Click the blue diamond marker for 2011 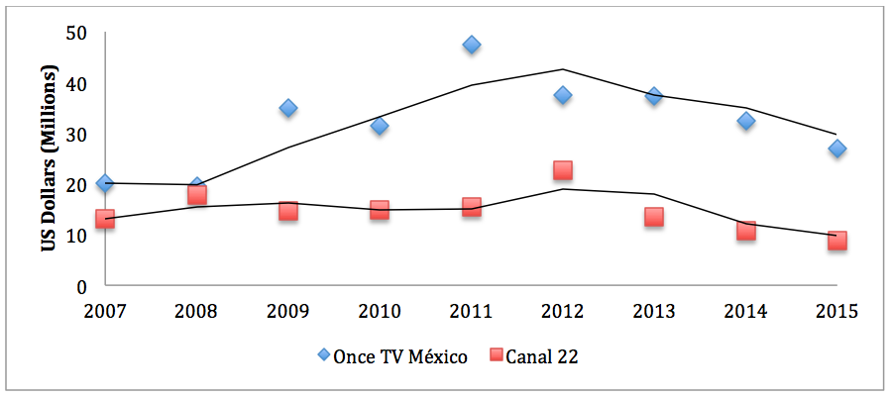(471, 45)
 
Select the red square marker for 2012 (563, 170)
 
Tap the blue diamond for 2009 (288, 108)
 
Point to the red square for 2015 (836, 241)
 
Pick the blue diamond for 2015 (836, 149)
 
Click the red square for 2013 (654, 216)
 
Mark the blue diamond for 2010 (380, 126)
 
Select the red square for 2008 (196, 194)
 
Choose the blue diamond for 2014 (745, 121)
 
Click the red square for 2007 (105, 219)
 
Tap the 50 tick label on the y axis (77, 34)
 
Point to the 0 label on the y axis (82, 287)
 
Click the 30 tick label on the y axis (77, 135)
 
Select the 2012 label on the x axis (563, 311)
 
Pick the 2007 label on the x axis (105, 311)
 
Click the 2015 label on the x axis (836, 311)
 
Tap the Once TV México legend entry (392, 356)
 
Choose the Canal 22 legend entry (533, 356)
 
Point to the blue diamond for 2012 (563, 95)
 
